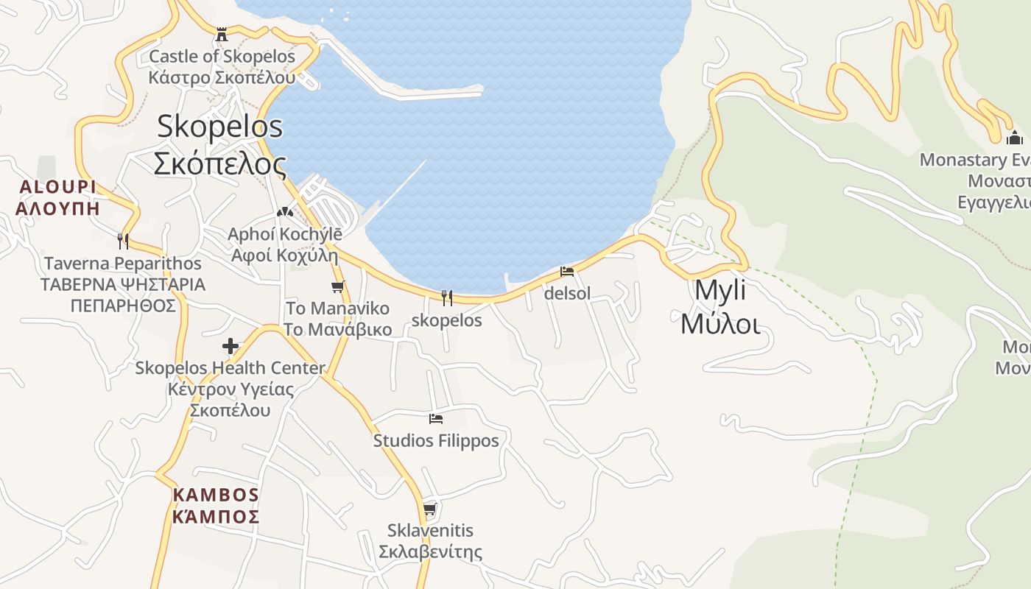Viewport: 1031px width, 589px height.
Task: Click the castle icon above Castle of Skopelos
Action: [222, 34]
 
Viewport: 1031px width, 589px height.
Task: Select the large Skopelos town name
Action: [219, 145]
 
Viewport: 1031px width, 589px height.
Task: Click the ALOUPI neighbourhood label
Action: [57, 197]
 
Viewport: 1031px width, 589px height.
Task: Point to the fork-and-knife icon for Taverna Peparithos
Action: [123, 241]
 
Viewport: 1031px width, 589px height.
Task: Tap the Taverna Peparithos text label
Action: [123, 284]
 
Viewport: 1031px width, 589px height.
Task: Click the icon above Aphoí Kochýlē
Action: [284, 212]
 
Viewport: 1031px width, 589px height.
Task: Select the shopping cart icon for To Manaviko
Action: [337, 287]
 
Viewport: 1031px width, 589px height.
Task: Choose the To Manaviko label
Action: [338, 318]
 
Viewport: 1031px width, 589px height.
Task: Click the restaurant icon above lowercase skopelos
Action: [446, 297]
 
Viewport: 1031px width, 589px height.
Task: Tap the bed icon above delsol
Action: [567, 271]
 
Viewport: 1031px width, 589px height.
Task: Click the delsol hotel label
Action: [567, 294]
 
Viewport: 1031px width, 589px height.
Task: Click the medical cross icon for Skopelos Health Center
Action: [231, 345]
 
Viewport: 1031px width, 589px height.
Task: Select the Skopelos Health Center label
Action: [230, 389]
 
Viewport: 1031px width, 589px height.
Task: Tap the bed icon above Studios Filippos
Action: [436, 419]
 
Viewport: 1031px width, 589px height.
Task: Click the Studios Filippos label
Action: [436, 441]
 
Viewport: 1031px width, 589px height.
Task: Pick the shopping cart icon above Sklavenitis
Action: [430, 509]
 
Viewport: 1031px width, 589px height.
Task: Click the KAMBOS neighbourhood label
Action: [216, 505]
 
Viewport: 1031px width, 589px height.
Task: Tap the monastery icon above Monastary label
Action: [1015, 138]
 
